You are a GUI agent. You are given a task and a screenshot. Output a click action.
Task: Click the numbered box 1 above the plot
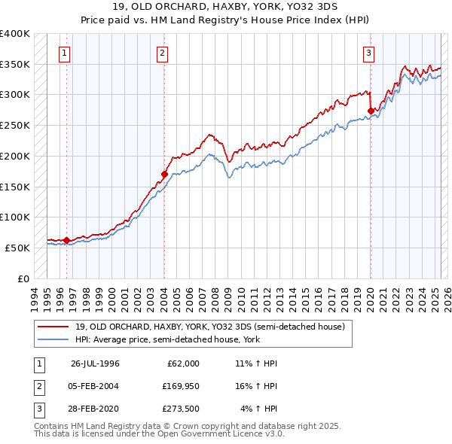[65, 53]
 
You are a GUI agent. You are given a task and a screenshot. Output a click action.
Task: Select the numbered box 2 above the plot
[163, 53]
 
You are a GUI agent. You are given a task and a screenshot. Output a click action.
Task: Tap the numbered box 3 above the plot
[369, 53]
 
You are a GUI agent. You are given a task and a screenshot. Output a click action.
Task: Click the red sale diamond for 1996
[66, 241]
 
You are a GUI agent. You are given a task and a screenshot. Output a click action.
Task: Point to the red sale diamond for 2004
[164, 174]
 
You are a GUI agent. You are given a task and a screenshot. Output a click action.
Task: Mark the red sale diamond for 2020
[371, 111]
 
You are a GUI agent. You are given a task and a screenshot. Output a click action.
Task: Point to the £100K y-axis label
[15, 217]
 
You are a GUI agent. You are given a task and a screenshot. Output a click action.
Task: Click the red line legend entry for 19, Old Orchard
[209, 327]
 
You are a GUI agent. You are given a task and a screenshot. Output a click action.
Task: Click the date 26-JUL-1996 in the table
[96, 363]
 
